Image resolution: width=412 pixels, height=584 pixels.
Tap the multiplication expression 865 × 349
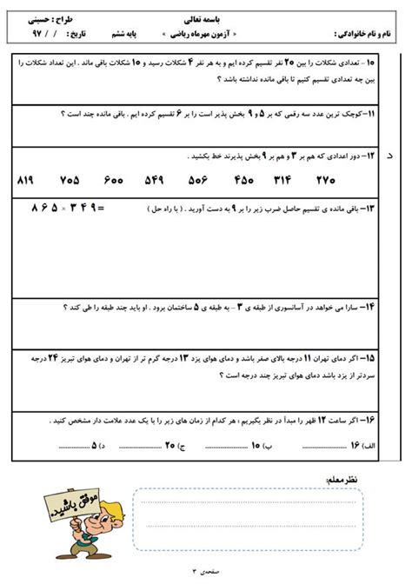(67, 209)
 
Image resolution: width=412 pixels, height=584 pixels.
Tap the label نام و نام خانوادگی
(369, 34)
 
